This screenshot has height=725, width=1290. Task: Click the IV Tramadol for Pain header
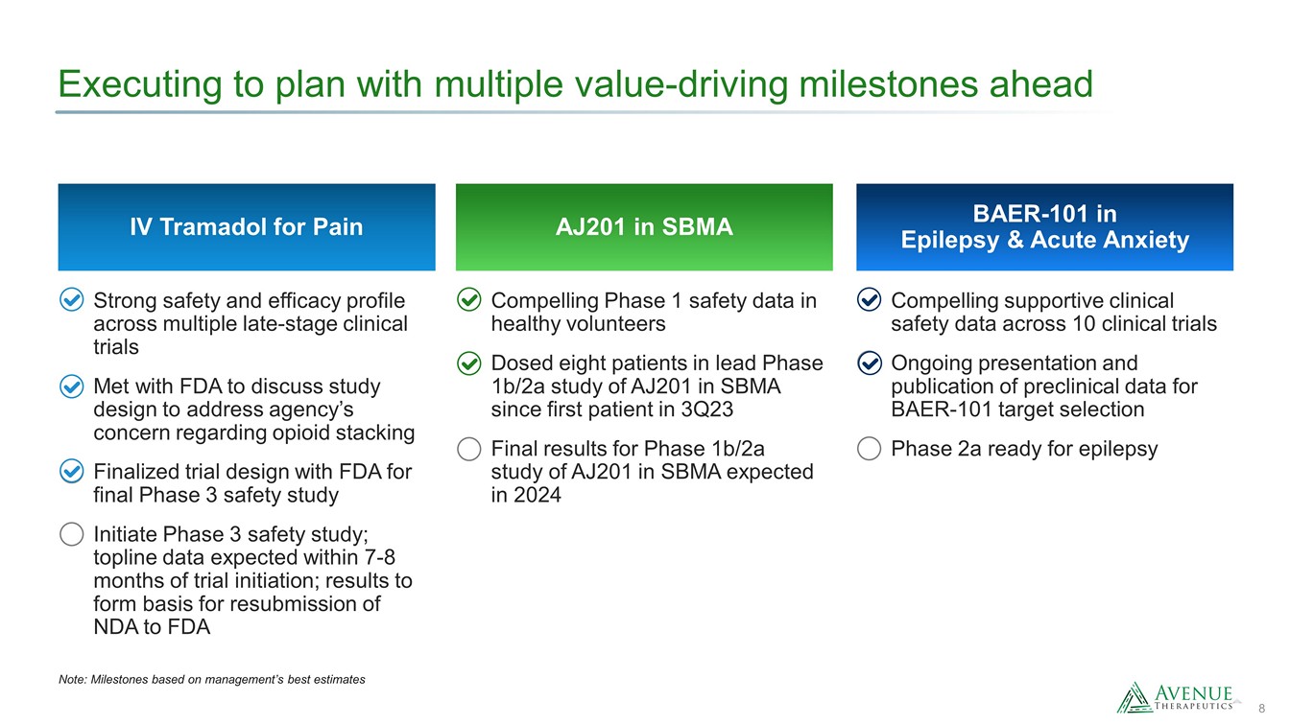point(247,226)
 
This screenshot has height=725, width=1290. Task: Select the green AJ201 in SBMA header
point(644,226)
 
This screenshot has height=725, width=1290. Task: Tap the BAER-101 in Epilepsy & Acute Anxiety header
point(1044,226)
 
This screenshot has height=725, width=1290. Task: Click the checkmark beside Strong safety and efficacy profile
point(72,300)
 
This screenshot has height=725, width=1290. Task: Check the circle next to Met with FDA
point(72,386)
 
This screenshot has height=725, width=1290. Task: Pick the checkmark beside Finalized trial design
point(72,471)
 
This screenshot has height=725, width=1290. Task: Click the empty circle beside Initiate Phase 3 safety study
point(72,534)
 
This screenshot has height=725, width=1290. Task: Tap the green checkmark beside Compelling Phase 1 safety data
point(469,300)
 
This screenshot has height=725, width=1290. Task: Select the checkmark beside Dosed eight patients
point(469,363)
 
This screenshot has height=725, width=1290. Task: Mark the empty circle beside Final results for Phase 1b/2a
point(469,449)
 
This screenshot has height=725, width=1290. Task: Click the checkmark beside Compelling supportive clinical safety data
point(869,300)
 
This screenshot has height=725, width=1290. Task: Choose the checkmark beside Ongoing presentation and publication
point(869,363)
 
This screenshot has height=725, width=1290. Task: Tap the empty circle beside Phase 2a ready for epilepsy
point(869,449)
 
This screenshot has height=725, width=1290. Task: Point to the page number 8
point(1261,709)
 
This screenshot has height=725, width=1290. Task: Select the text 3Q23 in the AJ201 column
point(707,409)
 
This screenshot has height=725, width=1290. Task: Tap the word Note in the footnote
point(73,680)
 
